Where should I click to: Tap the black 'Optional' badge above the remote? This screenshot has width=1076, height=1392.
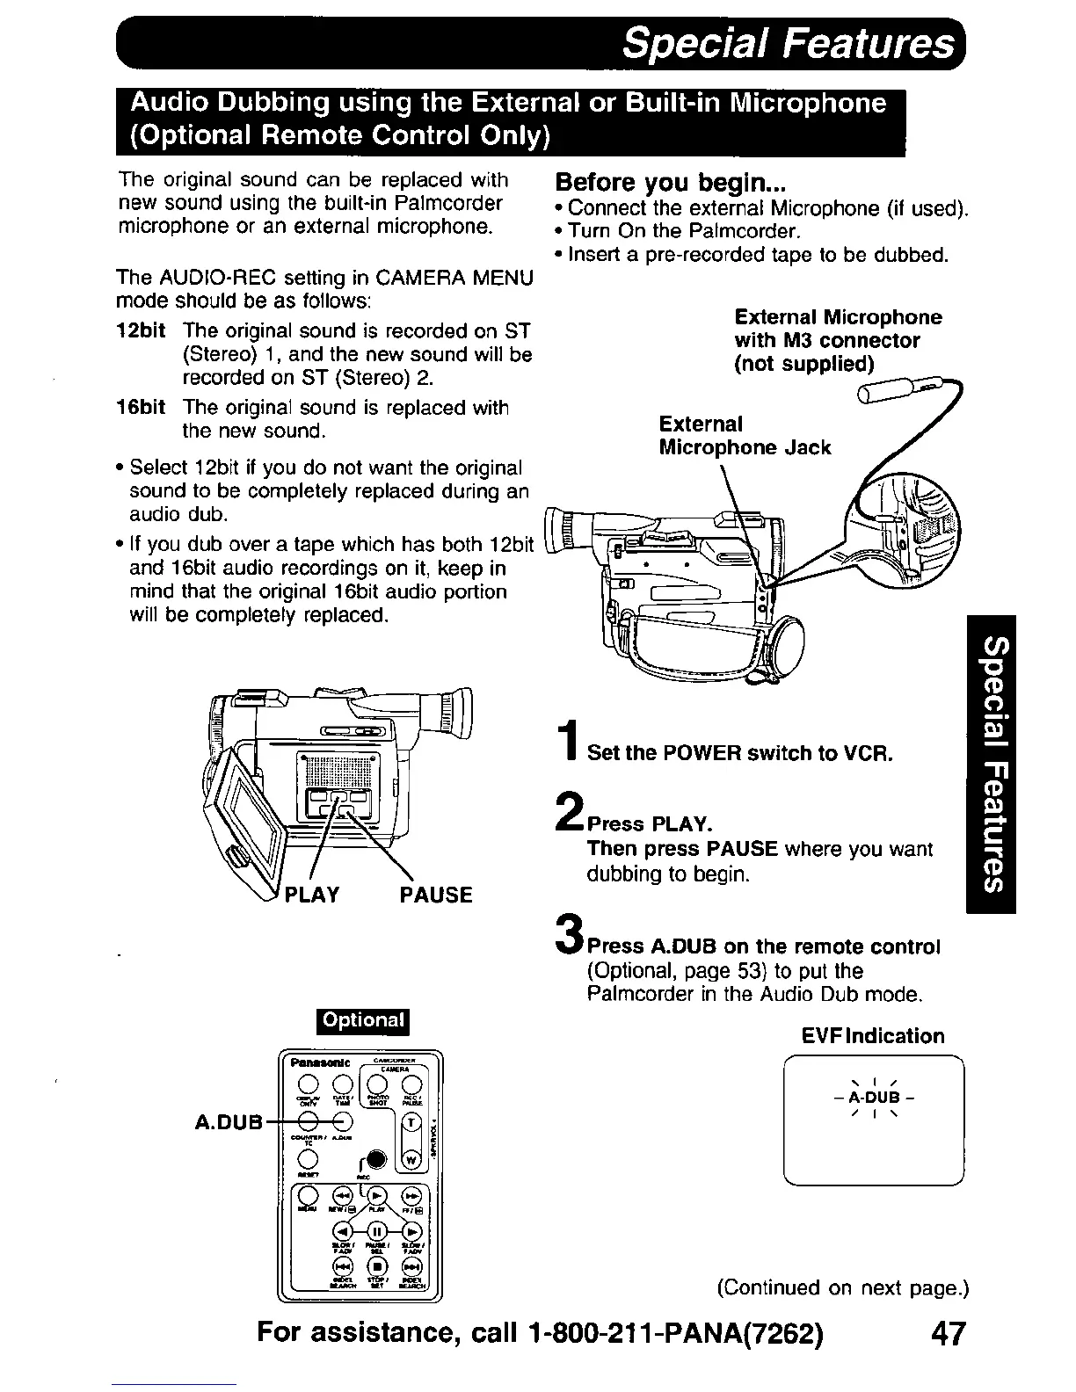363,1020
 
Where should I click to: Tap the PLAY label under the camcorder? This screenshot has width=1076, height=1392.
311,895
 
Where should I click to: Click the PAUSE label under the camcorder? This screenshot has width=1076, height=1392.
435,895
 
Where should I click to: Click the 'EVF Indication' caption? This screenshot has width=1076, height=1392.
872,1036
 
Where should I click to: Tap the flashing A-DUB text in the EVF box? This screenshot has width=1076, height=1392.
873,1098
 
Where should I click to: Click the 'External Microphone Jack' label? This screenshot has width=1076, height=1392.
744,436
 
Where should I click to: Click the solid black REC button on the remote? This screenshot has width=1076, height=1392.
377,1158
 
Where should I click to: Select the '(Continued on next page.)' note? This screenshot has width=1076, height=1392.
843,1288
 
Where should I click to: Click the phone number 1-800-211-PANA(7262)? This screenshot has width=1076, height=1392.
677,1334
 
